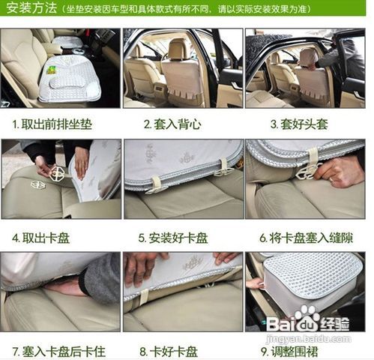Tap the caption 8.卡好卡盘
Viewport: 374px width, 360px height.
tap(169, 350)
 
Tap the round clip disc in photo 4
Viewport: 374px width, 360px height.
tap(56, 173)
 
